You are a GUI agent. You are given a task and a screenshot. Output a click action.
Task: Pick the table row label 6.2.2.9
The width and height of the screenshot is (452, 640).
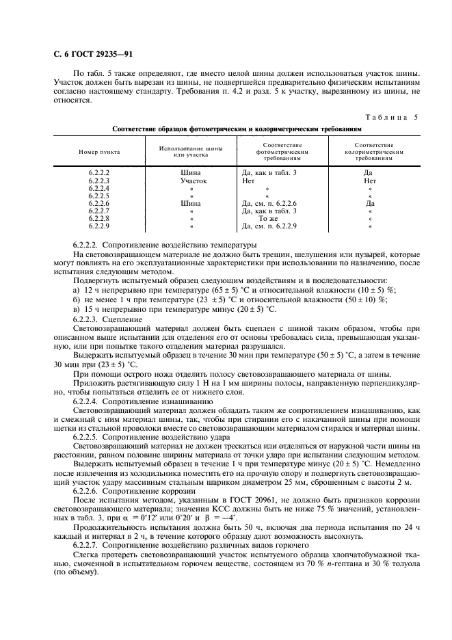pyautogui.click(x=99, y=226)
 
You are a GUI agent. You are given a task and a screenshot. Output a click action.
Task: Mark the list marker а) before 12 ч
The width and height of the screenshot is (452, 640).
pyautogui.click(x=76, y=290)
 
